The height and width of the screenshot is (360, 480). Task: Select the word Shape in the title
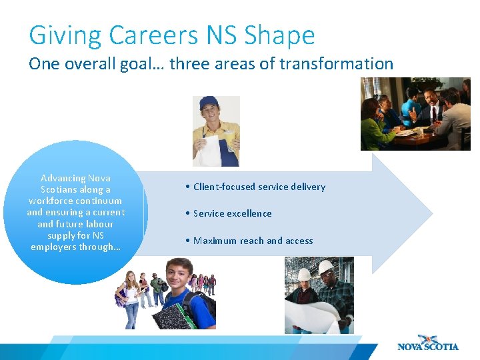click(280, 36)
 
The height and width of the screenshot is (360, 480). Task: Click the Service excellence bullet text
click(233, 213)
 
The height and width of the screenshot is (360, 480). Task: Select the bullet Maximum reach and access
click(253, 241)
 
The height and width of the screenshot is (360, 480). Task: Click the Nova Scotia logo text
click(428, 347)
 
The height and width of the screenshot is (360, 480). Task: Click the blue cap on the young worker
click(209, 102)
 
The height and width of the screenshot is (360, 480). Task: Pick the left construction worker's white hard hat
click(305, 274)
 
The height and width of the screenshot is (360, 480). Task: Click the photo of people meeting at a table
click(415, 113)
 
